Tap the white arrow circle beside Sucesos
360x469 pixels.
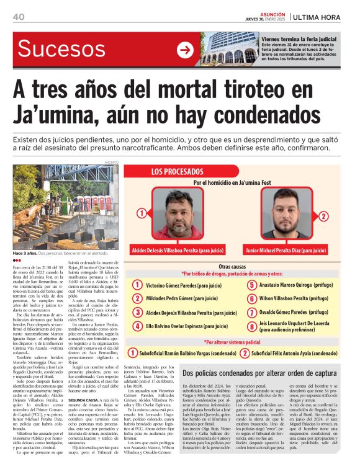pyautogui.click(x=184, y=50)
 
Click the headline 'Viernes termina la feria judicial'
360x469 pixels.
pyautogui.click(x=299, y=38)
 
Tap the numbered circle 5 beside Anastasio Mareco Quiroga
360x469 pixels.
pyautogui.click(x=251, y=285)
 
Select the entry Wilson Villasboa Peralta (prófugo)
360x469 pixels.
pyautogui.click(x=297, y=298)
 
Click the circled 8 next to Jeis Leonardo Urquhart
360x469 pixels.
pyautogui.click(x=251, y=326)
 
